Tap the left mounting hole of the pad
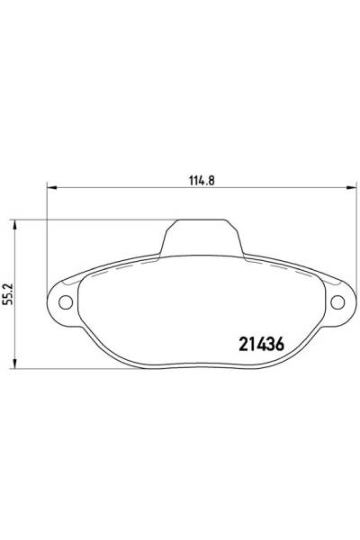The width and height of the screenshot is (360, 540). (66, 301)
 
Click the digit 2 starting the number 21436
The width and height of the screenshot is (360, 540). (242, 343)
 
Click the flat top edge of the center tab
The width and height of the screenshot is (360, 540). (202, 220)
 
